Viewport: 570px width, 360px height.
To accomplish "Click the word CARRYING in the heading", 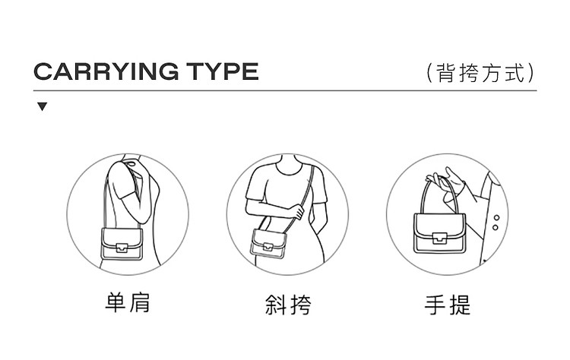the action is click(x=106, y=71).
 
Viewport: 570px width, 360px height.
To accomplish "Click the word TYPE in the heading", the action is click(x=223, y=71).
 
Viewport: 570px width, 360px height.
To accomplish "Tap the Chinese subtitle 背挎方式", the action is click(x=481, y=73).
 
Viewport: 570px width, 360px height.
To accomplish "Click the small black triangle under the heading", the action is click(x=42, y=106).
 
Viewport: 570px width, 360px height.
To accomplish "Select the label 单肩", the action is click(x=128, y=302).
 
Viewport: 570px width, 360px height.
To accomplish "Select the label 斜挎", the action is click(x=288, y=305).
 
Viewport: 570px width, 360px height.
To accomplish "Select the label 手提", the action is click(x=448, y=305).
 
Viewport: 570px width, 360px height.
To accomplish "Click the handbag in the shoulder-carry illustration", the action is click(x=122, y=244).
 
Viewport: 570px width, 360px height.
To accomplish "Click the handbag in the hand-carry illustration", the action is click(x=439, y=234).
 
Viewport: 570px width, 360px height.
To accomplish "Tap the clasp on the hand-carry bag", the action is click(x=439, y=238).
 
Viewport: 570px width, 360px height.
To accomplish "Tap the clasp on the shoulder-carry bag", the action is click(x=122, y=248).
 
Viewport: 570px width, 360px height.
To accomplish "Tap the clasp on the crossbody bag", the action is click(x=268, y=247).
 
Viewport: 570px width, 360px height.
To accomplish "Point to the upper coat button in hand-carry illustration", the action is click(x=496, y=218).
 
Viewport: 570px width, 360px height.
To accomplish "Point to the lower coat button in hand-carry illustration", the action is click(x=495, y=228).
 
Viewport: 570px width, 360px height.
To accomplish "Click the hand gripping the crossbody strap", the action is click(x=297, y=211).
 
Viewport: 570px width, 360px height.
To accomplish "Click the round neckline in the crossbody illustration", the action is click(x=289, y=171).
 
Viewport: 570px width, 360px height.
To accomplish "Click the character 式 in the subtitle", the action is click(x=515, y=73).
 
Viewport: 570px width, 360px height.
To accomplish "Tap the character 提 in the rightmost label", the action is click(x=461, y=305).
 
